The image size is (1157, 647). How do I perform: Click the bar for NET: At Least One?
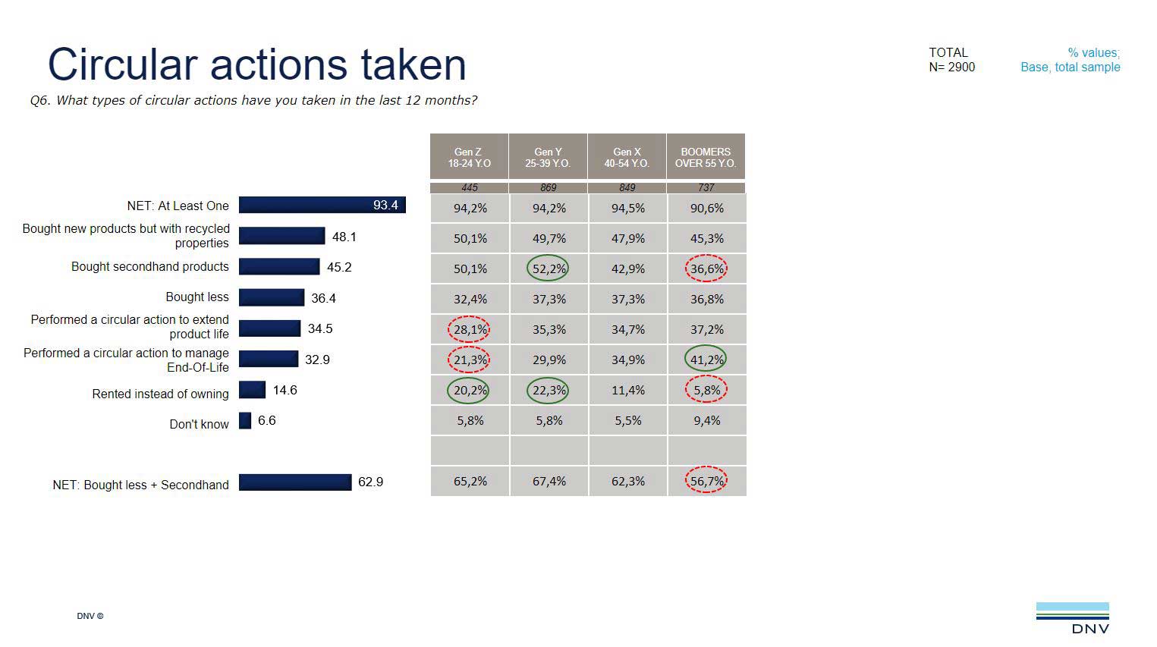click(322, 205)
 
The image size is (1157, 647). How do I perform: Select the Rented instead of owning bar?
click(252, 390)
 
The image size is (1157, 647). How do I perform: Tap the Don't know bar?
click(245, 420)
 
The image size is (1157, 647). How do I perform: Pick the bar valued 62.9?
click(295, 482)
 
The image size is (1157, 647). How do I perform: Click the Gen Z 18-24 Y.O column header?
click(469, 157)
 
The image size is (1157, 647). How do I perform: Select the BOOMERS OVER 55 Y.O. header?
click(706, 157)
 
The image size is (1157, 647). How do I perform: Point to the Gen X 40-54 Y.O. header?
click(627, 157)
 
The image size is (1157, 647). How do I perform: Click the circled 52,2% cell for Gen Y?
click(549, 269)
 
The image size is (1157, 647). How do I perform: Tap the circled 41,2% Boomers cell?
click(706, 360)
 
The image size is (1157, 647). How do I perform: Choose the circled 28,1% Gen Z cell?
click(470, 329)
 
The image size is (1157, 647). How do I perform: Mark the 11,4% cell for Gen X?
click(627, 390)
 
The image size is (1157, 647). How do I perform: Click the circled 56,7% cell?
click(706, 481)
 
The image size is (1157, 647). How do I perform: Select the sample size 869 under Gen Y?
click(549, 187)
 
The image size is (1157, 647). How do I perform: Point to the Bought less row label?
click(197, 297)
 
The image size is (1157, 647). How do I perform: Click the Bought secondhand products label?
click(149, 266)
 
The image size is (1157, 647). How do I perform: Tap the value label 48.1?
click(344, 237)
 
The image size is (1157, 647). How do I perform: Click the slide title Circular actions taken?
click(256, 64)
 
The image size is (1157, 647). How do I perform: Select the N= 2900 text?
click(951, 67)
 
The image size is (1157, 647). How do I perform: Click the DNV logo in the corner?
click(1072, 617)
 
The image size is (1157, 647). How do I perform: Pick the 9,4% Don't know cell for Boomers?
click(706, 420)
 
